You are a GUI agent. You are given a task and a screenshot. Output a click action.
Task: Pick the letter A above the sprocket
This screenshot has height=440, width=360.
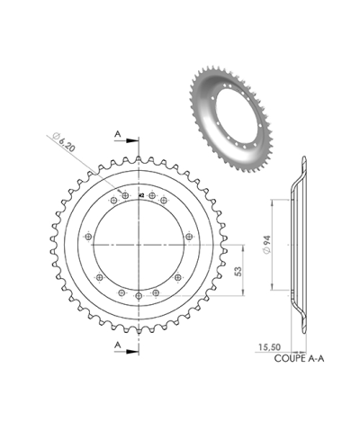[x=119, y=132]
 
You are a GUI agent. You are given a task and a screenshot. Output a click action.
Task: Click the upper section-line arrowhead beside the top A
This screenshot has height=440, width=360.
[x=136, y=140]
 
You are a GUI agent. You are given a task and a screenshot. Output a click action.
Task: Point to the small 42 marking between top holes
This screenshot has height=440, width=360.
[x=141, y=194]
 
